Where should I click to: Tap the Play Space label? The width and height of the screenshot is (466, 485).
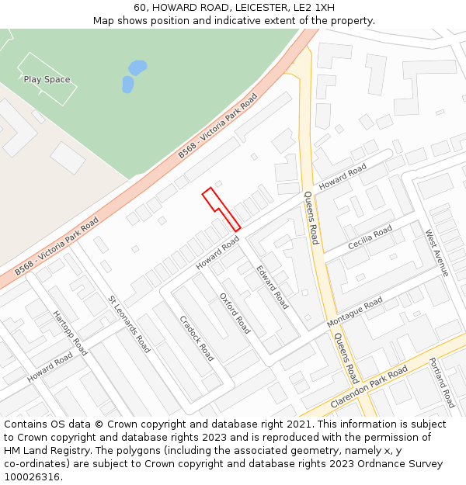[47, 79]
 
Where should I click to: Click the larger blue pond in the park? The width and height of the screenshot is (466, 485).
[137, 68]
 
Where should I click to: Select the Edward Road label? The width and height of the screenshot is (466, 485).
[272, 287]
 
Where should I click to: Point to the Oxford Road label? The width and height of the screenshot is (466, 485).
[235, 313]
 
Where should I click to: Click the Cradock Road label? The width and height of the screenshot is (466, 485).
[196, 338]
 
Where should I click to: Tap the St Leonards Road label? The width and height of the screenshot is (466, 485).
[129, 324]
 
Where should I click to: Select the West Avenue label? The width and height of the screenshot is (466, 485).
[436, 252]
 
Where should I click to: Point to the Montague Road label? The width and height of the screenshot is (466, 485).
[355, 311]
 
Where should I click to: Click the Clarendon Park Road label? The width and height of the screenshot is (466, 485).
[369, 388]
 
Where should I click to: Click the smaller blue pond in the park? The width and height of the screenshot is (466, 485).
[127, 84]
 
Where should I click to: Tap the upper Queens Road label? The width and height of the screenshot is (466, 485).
[311, 218]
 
